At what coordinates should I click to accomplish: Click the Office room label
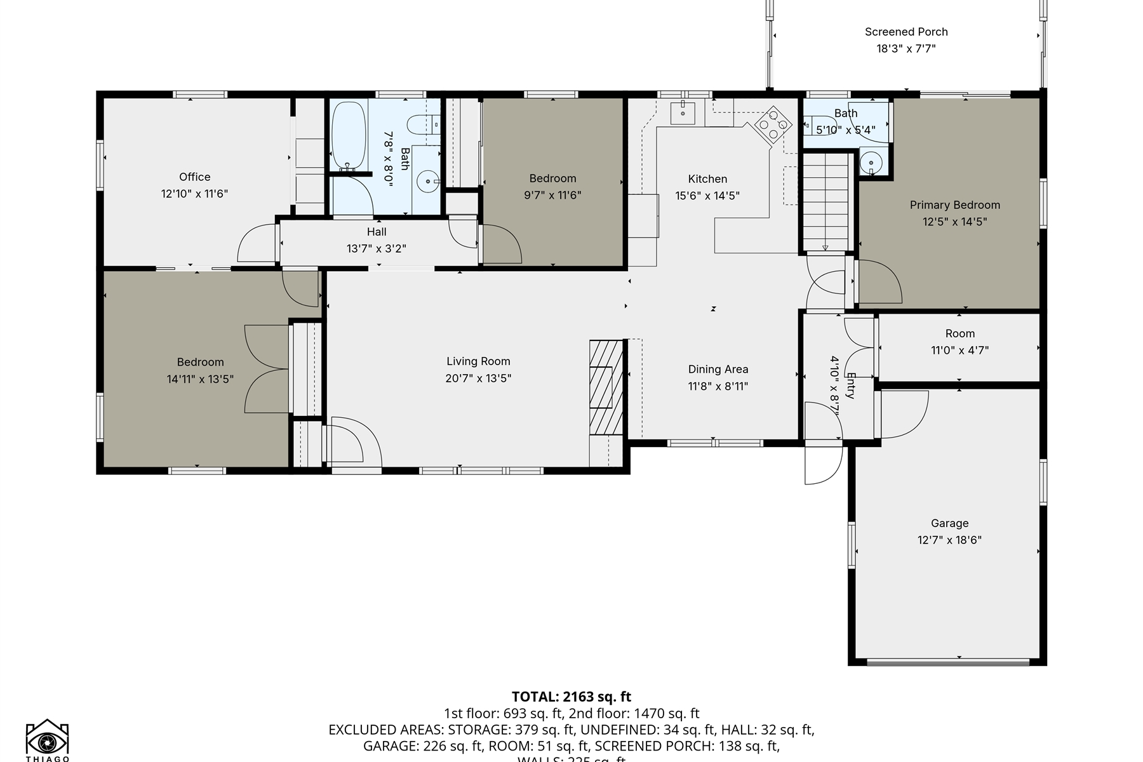tap(194, 177)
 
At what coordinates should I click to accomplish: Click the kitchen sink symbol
tap(683, 112)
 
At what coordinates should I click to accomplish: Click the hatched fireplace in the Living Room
tap(606, 387)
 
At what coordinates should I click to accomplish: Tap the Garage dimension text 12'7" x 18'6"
tap(949, 540)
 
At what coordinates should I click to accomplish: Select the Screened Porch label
tap(906, 32)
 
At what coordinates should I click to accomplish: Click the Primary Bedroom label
tap(954, 205)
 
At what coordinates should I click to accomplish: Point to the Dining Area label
tap(718, 370)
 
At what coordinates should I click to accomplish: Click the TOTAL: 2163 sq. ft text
tap(571, 697)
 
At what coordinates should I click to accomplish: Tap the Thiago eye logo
tap(47, 741)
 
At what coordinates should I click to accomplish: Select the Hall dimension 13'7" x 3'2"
tap(377, 249)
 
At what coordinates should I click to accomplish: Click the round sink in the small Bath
tap(871, 163)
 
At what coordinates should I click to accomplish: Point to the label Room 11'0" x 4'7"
tap(959, 334)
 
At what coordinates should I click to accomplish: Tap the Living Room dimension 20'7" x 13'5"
tap(478, 378)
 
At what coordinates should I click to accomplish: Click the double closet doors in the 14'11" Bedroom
tap(267, 369)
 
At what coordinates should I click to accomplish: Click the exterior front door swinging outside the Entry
tap(822, 466)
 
